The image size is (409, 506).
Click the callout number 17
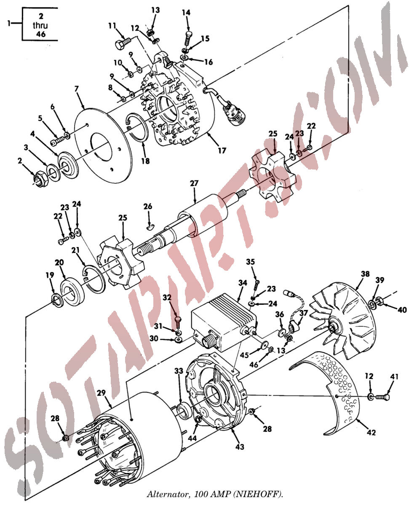222,151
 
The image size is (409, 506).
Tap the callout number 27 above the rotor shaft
194,183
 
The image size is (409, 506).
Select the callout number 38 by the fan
365,274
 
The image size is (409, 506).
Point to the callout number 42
371,432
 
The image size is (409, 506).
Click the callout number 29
101,393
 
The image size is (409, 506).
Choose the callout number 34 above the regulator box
243,283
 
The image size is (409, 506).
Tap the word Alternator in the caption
168,494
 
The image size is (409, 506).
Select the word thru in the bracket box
40,25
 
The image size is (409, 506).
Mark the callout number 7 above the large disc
76,89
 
